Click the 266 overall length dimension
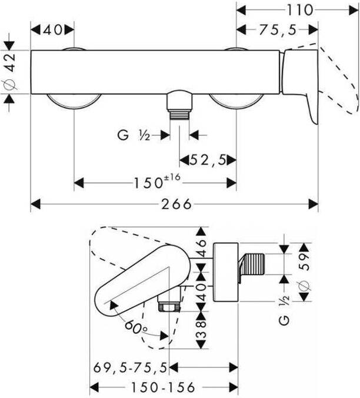click(x=176, y=204)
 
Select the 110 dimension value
click(x=300, y=11)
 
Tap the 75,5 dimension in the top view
click(x=278, y=30)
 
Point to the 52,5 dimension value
click(x=208, y=160)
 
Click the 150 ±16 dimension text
click(x=157, y=181)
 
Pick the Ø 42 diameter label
click(x=11, y=72)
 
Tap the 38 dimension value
click(x=201, y=330)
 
